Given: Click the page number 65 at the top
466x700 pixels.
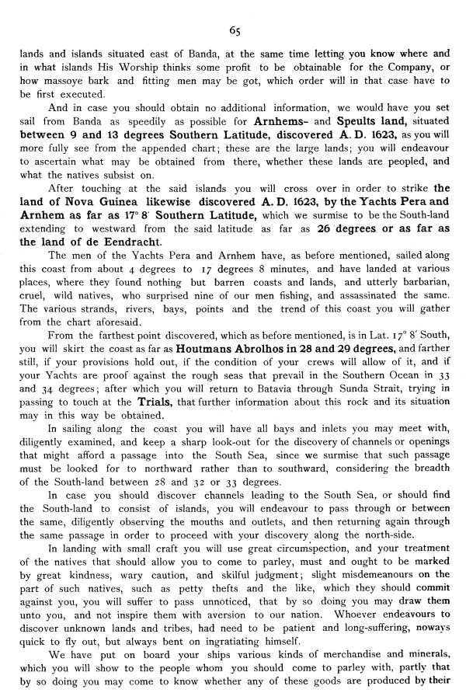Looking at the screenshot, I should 234,30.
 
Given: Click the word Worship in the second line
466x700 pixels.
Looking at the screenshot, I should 149,67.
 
